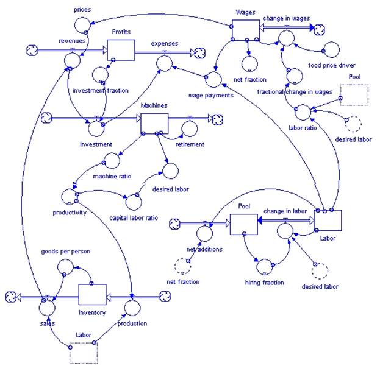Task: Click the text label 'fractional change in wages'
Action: click(x=295, y=92)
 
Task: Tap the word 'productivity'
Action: click(x=70, y=213)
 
